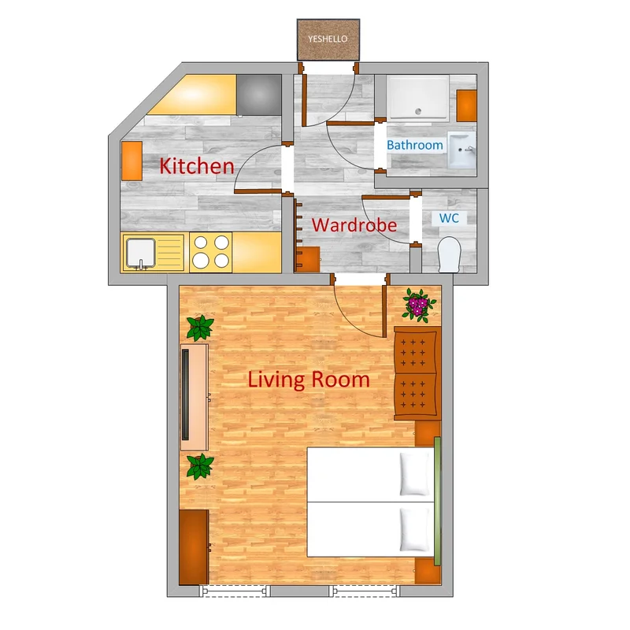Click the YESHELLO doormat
tap(328, 39)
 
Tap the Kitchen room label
tap(196, 166)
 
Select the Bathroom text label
tap(415, 145)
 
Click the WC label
tap(449, 218)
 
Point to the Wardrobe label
tap(354, 225)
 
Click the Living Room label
tap(309, 380)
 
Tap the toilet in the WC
tap(449, 254)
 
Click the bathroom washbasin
tap(461, 150)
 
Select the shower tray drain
tap(418, 111)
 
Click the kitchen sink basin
tap(141, 253)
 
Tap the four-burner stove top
tap(210, 252)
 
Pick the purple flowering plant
tap(419, 305)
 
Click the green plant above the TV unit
tap(200, 328)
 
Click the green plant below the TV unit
tap(200, 466)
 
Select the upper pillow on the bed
tap(414, 474)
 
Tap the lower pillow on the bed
tap(414, 529)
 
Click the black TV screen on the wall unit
tap(186, 395)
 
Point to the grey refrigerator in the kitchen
tap(259, 95)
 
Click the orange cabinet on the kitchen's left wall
tap(132, 161)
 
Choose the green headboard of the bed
tap(438, 501)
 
